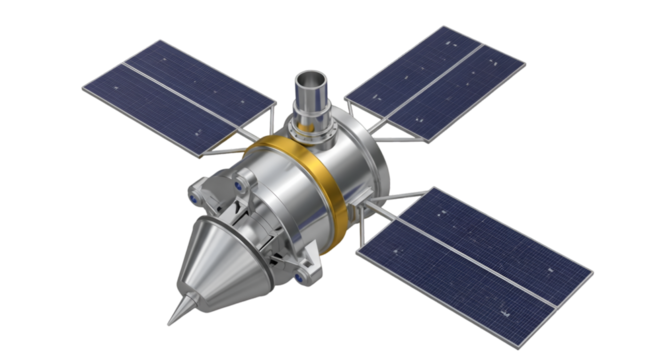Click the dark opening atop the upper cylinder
tap(311, 77)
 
